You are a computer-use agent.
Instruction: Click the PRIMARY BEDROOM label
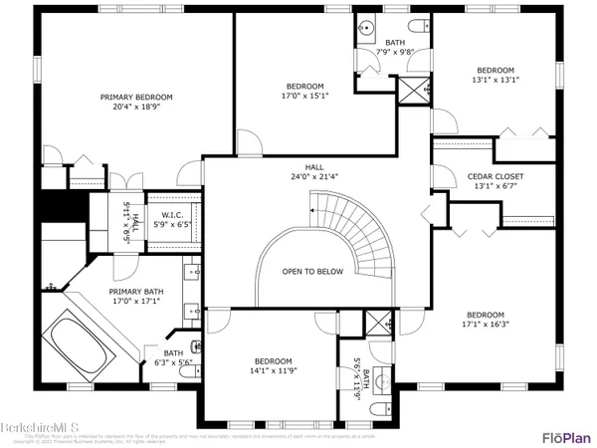click(136, 97)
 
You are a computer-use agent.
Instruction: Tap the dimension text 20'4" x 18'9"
click(136, 108)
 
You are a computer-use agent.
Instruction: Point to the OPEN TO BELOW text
click(307, 271)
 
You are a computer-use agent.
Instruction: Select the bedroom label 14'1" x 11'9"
click(273, 365)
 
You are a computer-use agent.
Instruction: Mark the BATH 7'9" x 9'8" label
click(395, 47)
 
